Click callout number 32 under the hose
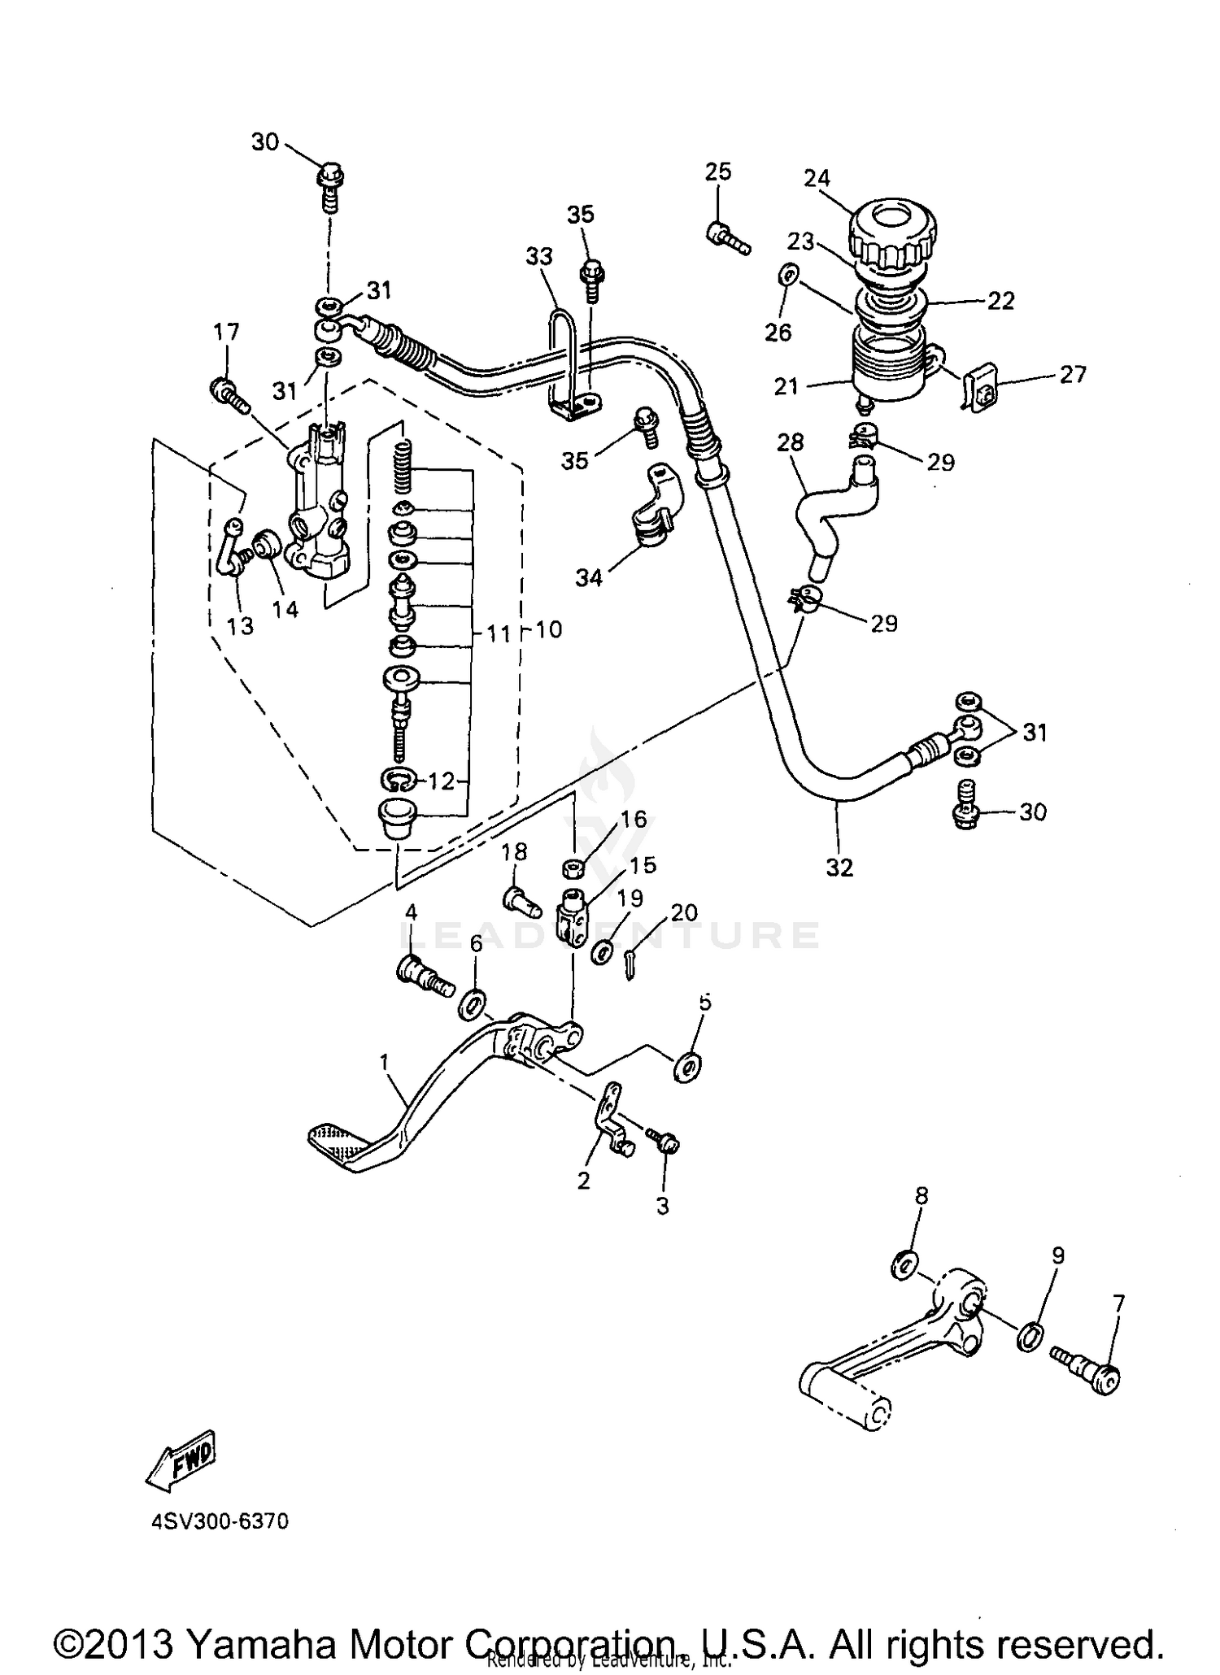click(839, 868)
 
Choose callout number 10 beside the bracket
click(550, 629)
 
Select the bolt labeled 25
click(726, 238)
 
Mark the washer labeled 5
click(689, 1066)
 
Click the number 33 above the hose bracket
click(538, 257)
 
